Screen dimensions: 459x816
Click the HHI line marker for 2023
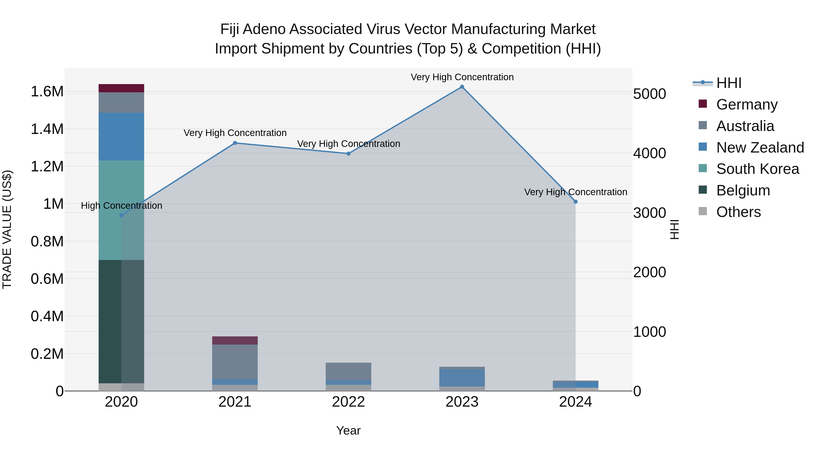tap(462, 87)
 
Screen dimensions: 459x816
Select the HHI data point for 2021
tap(235, 143)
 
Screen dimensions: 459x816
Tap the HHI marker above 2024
tap(576, 202)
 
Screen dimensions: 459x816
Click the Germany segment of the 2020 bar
tap(121, 88)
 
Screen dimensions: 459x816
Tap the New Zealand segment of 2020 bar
tap(121, 136)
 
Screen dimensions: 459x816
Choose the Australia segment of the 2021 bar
tap(235, 362)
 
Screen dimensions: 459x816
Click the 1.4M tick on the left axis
tap(47, 129)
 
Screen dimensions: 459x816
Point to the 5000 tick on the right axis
tap(649, 94)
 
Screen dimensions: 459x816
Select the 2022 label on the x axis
tap(348, 402)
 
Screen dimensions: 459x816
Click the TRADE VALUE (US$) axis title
tap(7, 229)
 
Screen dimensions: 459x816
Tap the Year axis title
tap(348, 430)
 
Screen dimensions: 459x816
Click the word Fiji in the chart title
tap(229, 29)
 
